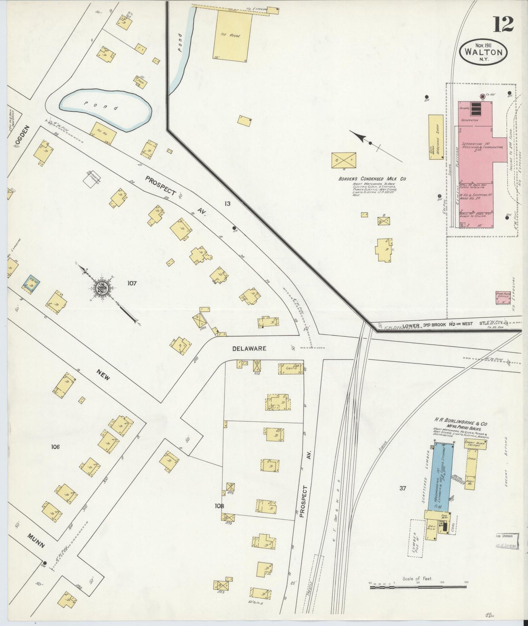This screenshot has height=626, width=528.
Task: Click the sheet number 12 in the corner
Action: [504, 24]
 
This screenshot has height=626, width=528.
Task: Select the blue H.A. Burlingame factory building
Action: [443, 476]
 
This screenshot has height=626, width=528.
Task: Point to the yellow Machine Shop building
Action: [436, 137]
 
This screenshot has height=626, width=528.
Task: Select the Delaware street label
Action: [249, 348]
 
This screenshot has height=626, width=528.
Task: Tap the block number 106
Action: [56, 447]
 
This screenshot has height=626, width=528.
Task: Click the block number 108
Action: [219, 506]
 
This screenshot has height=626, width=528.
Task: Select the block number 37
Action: [403, 488]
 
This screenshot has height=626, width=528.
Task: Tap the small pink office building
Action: [502, 298]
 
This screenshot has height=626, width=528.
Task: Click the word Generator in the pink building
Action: [470, 120]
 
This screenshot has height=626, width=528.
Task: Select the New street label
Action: [103, 375]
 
